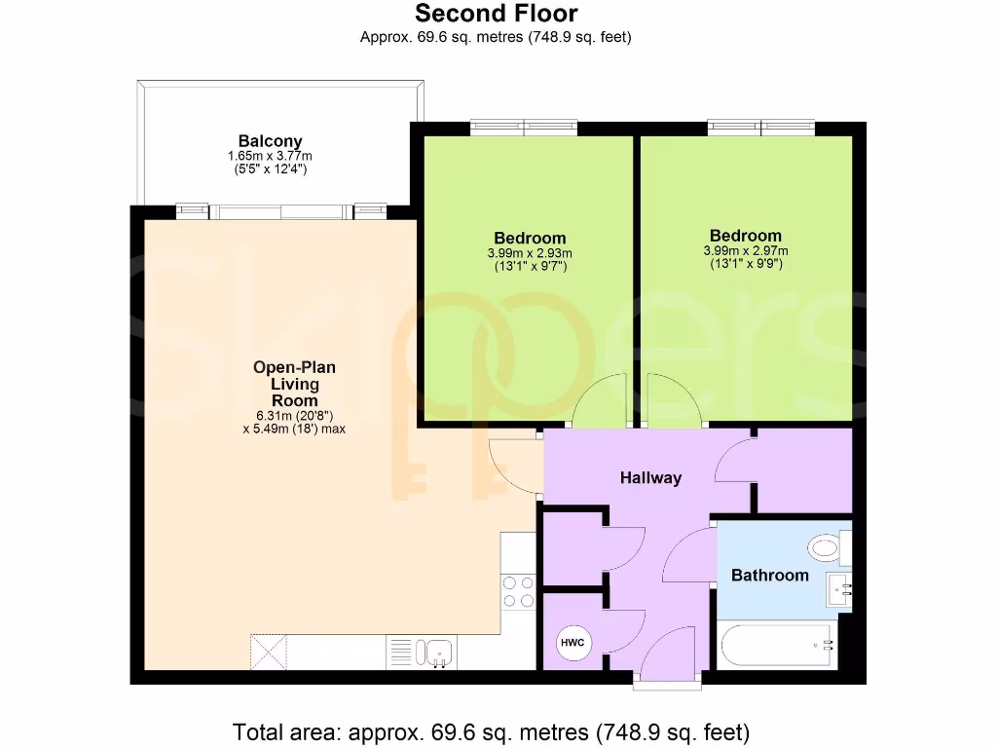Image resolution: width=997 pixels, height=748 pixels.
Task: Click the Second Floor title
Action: (x=496, y=14)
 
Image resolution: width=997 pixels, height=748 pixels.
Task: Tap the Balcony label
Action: (x=270, y=141)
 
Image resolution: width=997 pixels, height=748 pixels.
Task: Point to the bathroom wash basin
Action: (x=838, y=589)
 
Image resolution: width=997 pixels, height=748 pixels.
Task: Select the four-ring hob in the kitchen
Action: (x=519, y=590)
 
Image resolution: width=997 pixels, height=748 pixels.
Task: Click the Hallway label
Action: (x=651, y=478)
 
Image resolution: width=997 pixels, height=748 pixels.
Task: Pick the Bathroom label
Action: (x=769, y=576)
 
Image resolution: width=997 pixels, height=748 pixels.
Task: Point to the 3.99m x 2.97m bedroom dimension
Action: (x=745, y=251)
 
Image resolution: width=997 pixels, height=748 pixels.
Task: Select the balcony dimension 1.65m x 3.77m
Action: (x=270, y=156)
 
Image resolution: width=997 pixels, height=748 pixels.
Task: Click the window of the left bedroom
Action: (x=524, y=128)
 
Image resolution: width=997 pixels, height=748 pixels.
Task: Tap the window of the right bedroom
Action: (x=760, y=128)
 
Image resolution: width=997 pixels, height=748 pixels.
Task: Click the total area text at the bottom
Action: (x=491, y=730)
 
